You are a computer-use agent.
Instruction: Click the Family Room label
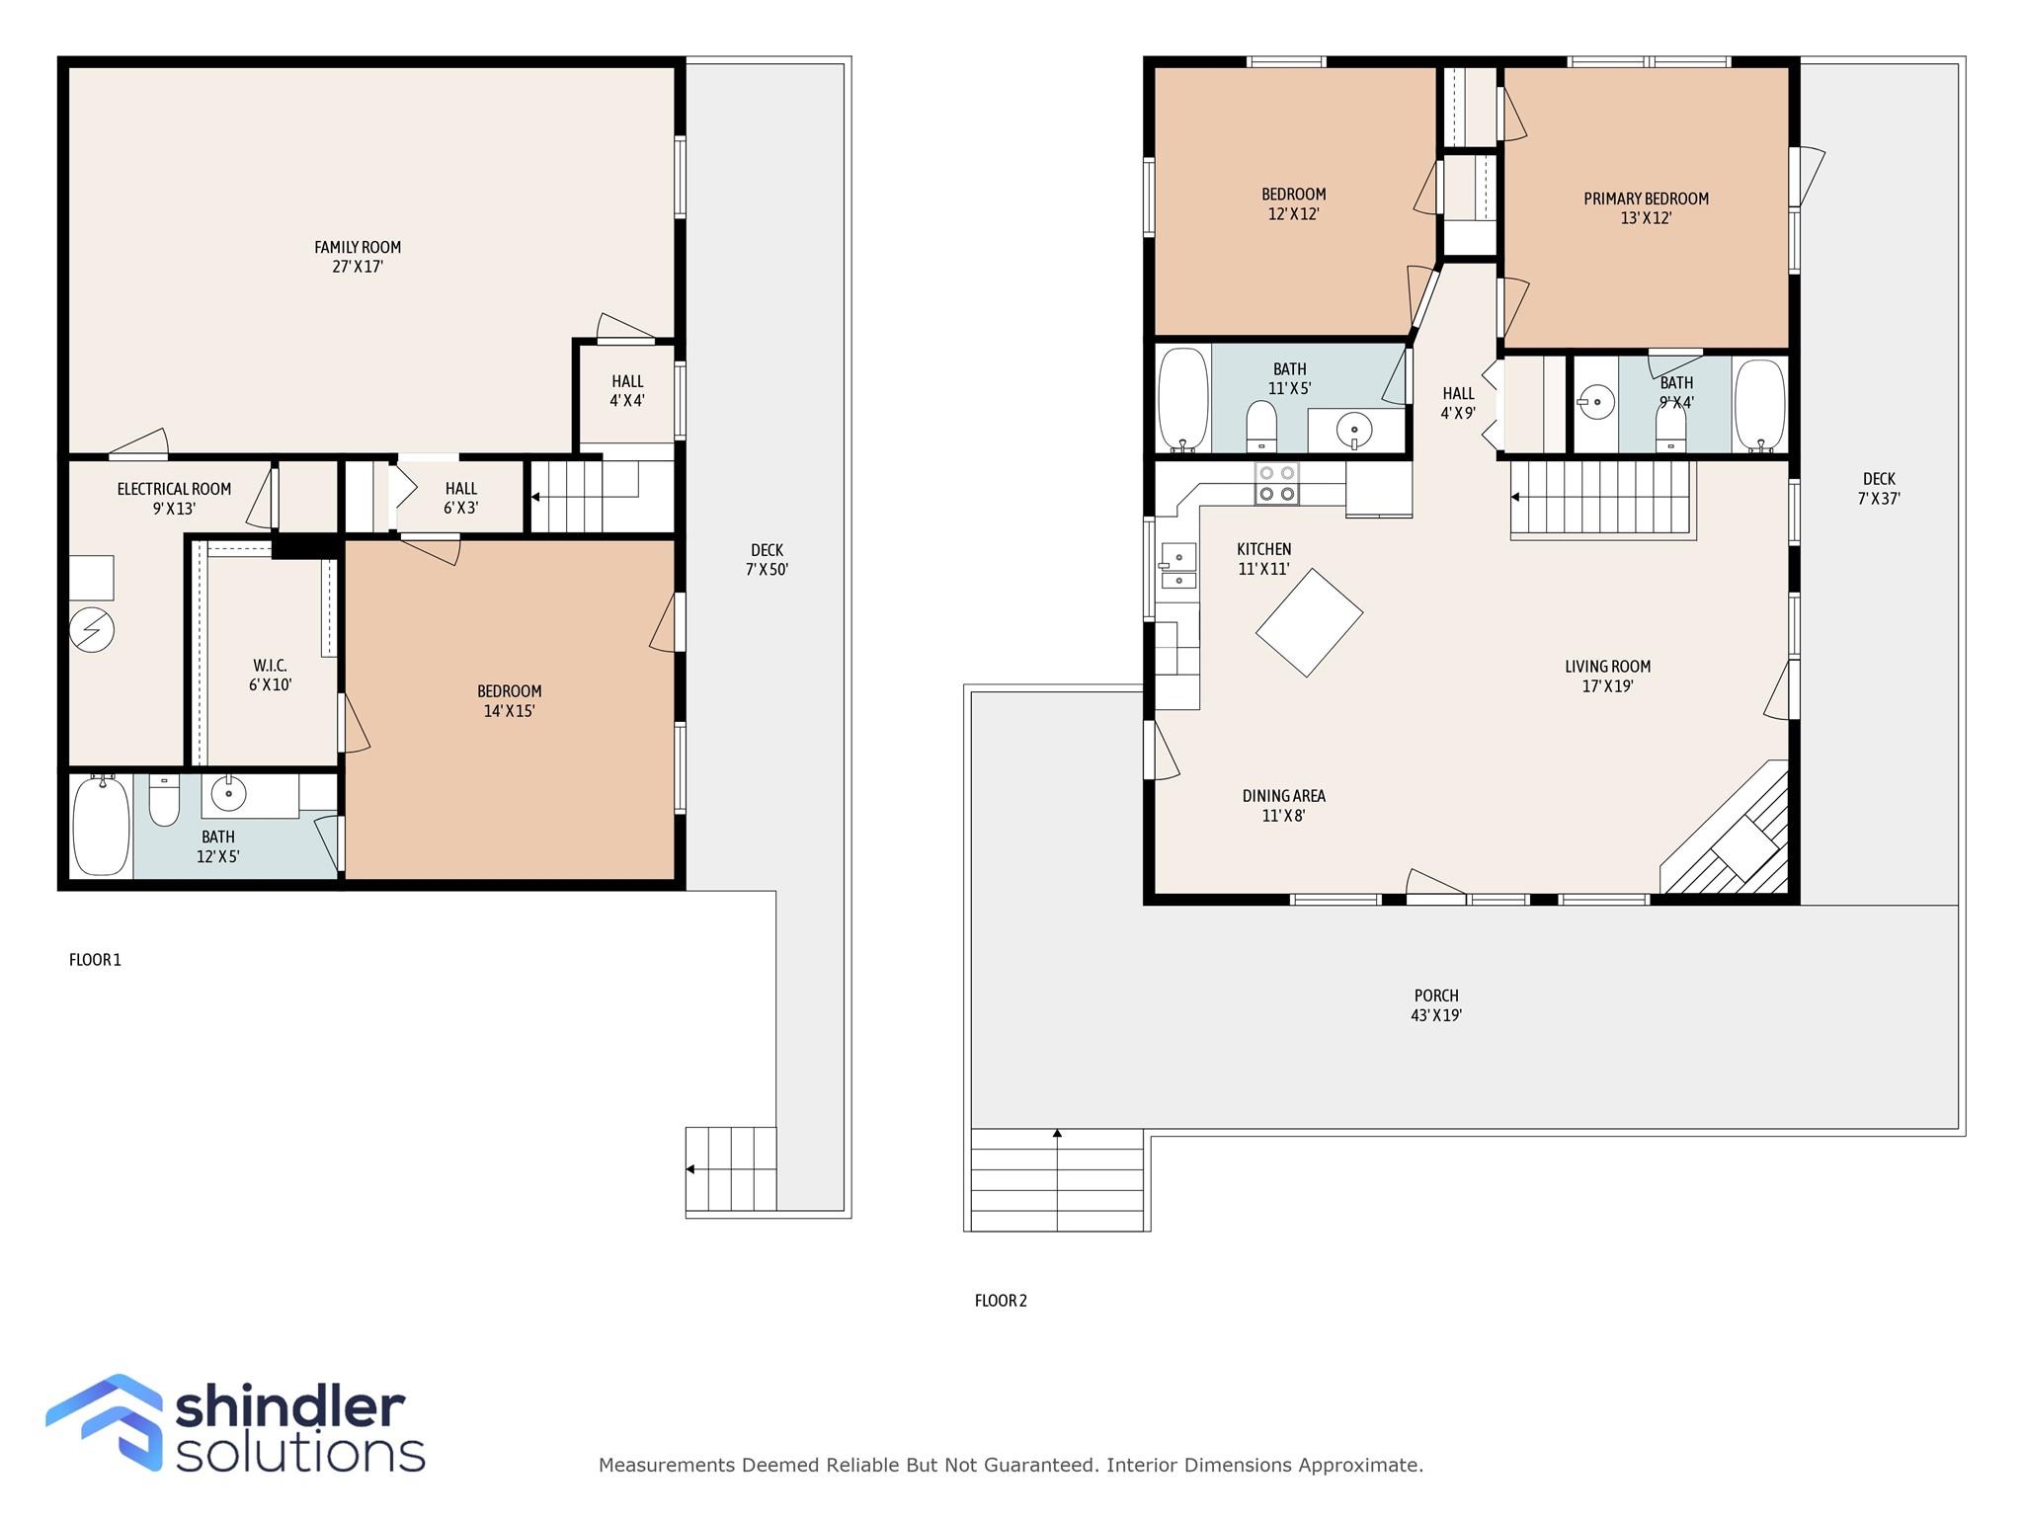(358, 257)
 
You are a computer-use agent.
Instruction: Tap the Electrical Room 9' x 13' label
(174, 499)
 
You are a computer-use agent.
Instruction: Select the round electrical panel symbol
(92, 629)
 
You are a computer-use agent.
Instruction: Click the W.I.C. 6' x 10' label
(270, 676)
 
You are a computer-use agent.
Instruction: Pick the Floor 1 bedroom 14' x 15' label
(509, 701)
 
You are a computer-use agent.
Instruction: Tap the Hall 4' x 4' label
(627, 391)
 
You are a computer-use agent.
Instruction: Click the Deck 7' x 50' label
(767, 560)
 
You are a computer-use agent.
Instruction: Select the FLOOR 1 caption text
(95, 960)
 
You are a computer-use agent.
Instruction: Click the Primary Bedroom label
(1646, 208)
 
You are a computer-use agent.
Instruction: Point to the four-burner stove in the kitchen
(1276, 483)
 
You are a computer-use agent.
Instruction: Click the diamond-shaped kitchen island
(1309, 622)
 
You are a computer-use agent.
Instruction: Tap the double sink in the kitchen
(1178, 566)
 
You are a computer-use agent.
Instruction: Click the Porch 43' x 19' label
(1435, 1005)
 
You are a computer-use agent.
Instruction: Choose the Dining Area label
(1283, 805)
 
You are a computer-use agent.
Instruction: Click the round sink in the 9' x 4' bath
(1596, 402)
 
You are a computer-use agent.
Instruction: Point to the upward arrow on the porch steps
(1057, 1134)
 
